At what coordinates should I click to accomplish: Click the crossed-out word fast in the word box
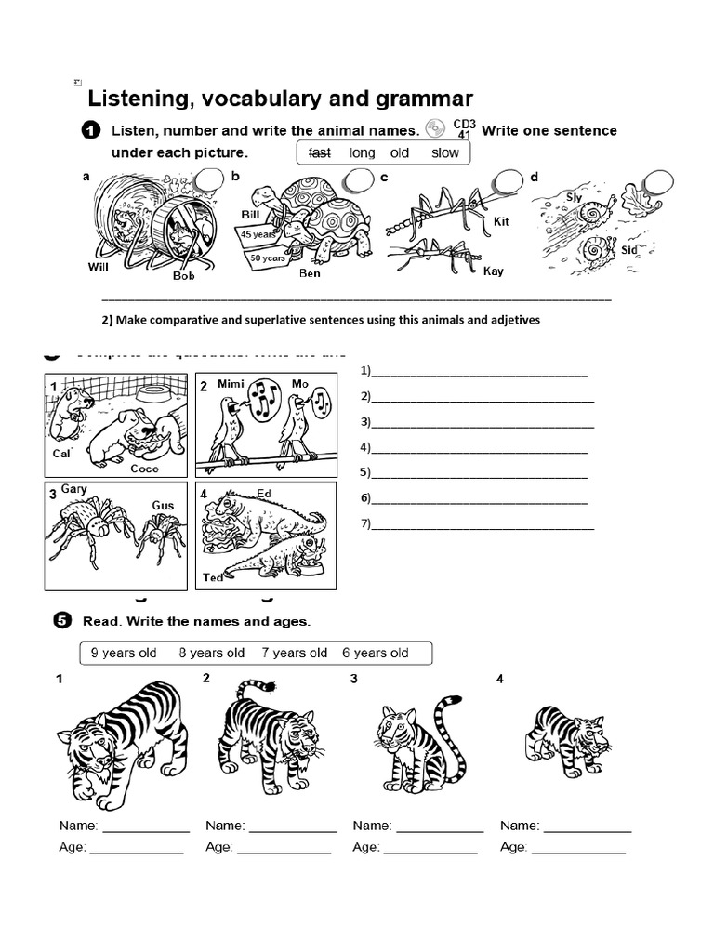point(319,152)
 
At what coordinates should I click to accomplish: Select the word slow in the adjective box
point(445,152)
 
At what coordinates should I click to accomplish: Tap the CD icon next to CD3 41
point(435,129)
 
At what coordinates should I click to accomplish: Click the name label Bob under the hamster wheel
point(183,276)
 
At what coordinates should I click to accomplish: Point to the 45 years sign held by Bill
point(256,234)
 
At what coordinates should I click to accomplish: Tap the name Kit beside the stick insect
point(502,221)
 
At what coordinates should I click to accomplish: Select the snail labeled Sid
point(592,249)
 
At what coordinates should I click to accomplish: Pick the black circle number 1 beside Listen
point(91,131)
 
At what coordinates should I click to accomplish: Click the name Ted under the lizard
point(213,577)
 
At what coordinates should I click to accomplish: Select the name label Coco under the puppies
point(144,469)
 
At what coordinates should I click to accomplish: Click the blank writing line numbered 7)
point(483,524)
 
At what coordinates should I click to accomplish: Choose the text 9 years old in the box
point(124,653)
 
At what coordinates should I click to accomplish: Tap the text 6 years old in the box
point(376,653)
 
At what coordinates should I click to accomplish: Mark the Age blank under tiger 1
point(137,848)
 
